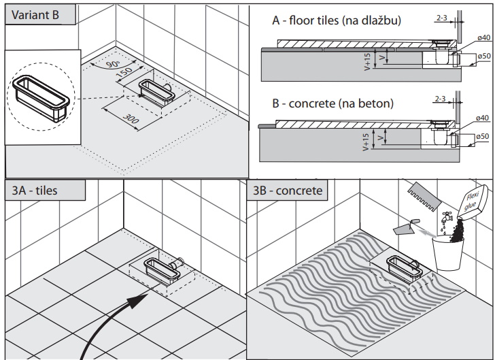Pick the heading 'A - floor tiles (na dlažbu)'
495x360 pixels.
(x=337, y=21)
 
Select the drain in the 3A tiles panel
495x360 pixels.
(x=164, y=269)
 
